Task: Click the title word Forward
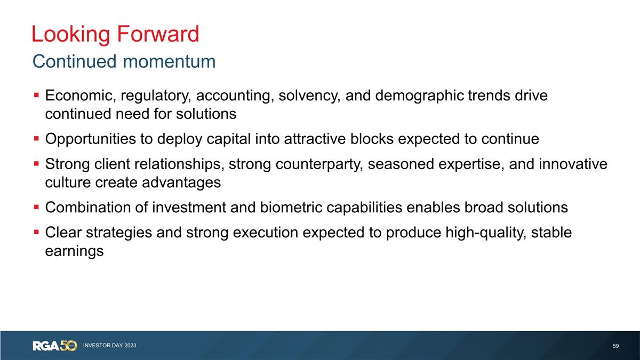click(157, 34)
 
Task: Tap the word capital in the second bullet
click(227, 139)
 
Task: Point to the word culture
click(66, 182)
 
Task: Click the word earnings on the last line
click(74, 251)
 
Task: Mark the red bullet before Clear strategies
click(36, 233)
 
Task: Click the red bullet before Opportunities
click(36, 139)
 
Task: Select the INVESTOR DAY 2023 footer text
click(109, 346)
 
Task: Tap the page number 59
click(615, 346)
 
